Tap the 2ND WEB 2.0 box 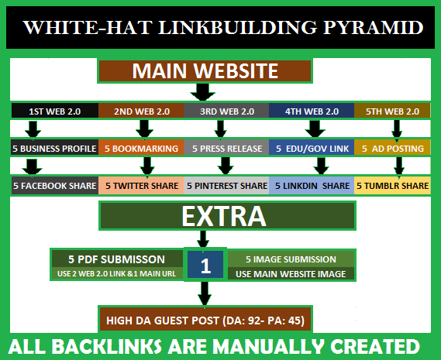point(142,111)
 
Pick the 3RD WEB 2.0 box point(227,111)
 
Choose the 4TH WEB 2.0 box point(312,111)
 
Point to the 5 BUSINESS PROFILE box point(54,148)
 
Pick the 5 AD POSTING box point(392,148)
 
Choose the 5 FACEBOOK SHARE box point(54,186)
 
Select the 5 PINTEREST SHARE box point(227,186)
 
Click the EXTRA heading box point(205,215)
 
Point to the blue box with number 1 point(205,266)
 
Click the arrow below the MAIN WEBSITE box point(202,93)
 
